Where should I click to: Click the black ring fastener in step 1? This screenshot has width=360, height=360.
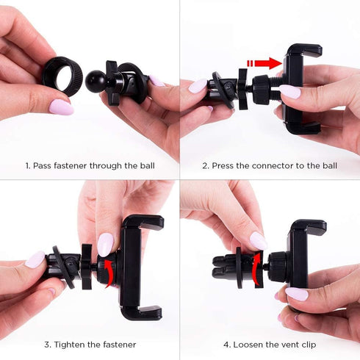click(x=62, y=74)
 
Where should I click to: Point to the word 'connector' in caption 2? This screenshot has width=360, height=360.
click(x=270, y=165)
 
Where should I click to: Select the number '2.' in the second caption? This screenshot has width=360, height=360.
click(x=206, y=165)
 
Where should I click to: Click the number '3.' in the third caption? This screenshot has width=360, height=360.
click(x=47, y=345)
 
